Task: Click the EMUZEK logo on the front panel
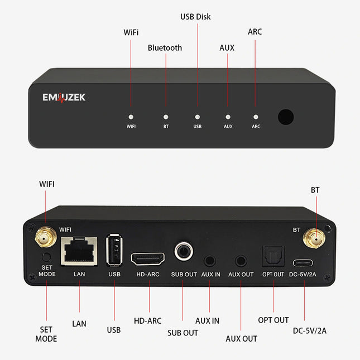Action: [64, 98]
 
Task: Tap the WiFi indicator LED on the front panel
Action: [131, 117]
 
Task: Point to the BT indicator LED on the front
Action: [166, 117]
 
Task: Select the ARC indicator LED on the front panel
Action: [256, 117]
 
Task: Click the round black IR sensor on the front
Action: [286, 117]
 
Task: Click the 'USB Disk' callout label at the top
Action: [195, 17]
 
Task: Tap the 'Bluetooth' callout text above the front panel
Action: [165, 48]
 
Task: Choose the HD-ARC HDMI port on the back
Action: [147, 258]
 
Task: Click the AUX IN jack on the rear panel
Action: [210, 260]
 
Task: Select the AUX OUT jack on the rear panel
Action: [241, 260]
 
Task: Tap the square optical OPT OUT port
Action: [273, 256]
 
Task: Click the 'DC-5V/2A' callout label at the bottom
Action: [310, 331]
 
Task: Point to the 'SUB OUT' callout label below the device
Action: [183, 333]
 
